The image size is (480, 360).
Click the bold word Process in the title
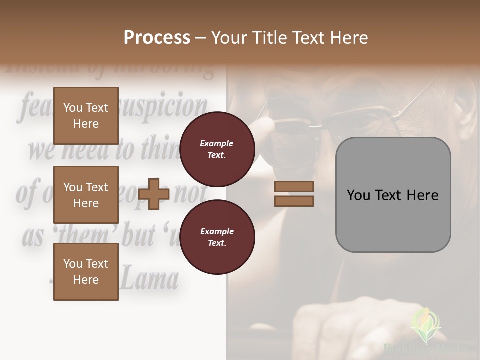pyautogui.click(x=157, y=38)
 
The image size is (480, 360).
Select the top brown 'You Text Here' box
pyautogui.click(x=86, y=116)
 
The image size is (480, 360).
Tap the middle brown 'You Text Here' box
pyautogui.click(x=86, y=195)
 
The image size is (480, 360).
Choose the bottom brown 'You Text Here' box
pyautogui.click(x=86, y=271)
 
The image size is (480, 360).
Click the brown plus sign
pyautogui.click(x=154, y=194)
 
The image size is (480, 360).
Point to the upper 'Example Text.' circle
pyautogui.click(x=217, y=149)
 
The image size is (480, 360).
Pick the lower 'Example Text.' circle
pyautogui.click(x=217, y=237)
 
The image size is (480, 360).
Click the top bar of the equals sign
pyautogui.click(x=294, y=186)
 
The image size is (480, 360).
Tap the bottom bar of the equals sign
pyautogui.click(x=294, y=201)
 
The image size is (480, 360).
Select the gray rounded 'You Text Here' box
pyautogui.click(x=393, y=195)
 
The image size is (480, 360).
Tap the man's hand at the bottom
pyautogui.click(x=345, y=325)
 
